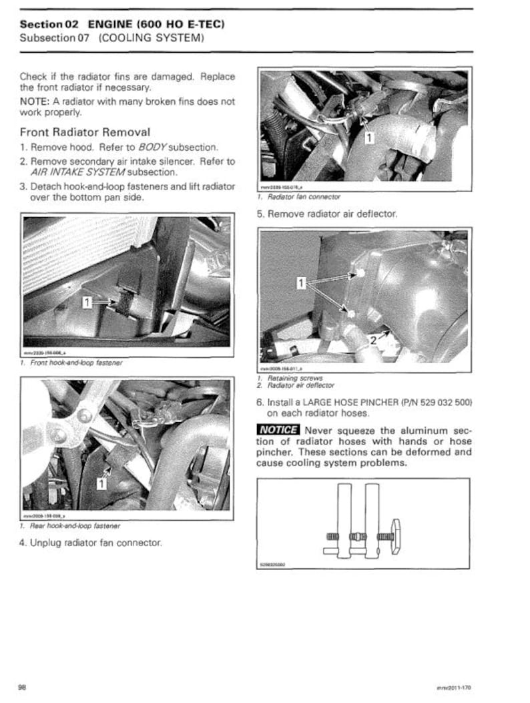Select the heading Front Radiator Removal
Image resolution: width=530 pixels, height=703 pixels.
[85, 132]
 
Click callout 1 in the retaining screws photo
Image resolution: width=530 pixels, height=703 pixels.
[302, 284]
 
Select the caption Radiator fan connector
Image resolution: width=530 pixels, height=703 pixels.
[302, 197]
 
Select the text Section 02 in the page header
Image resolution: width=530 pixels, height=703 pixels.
[49, 24]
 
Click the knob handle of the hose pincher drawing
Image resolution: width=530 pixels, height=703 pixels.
[395, 536]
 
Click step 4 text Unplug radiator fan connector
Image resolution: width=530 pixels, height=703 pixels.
[90, 543]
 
